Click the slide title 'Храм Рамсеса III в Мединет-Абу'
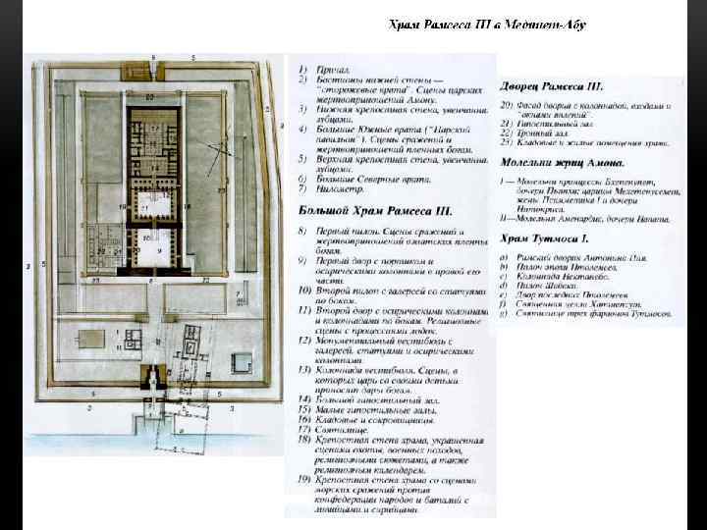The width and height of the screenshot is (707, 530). [488, 25]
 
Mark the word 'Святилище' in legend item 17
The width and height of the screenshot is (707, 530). [344, 430]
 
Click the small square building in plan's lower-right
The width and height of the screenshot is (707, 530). [241, 362]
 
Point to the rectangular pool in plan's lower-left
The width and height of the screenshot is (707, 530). [91, 340]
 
